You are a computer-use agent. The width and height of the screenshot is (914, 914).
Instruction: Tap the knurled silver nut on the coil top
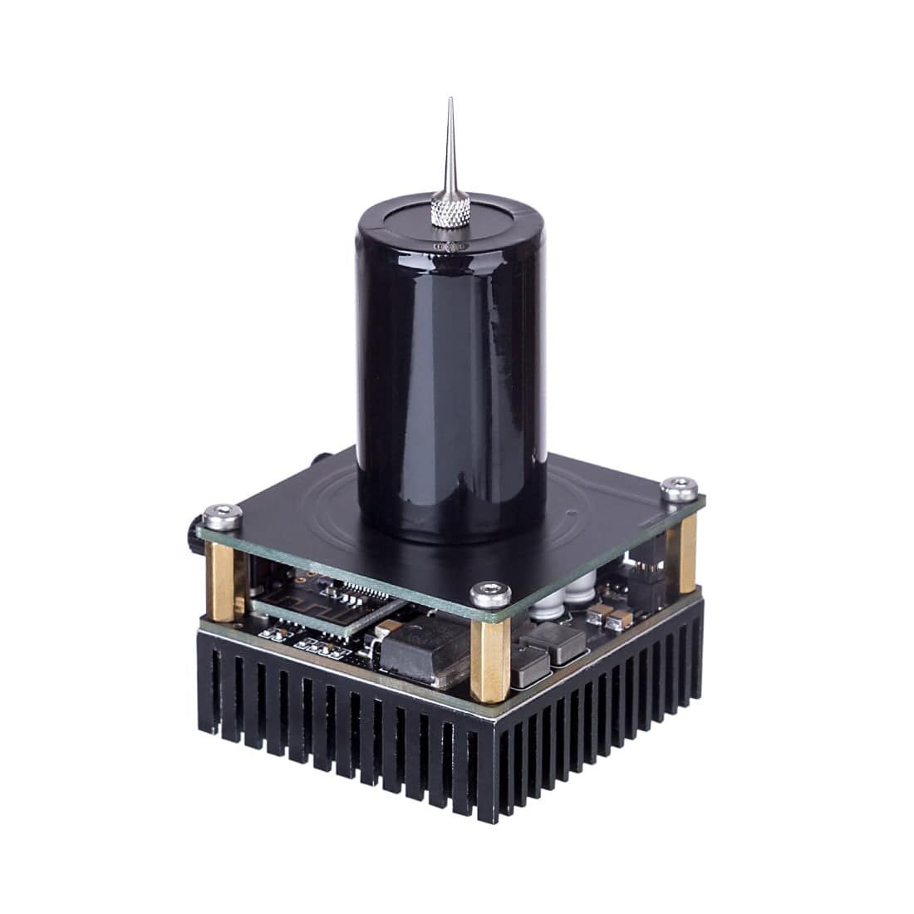click(x=450, y=209)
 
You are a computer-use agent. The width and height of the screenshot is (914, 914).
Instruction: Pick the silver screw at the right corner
click(x=680, y=489)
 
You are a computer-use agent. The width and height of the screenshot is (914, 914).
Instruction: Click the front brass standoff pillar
click(x=489, y=661)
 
